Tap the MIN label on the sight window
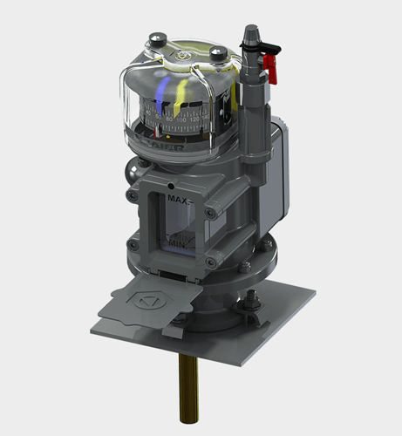178,247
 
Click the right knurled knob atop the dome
215,51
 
